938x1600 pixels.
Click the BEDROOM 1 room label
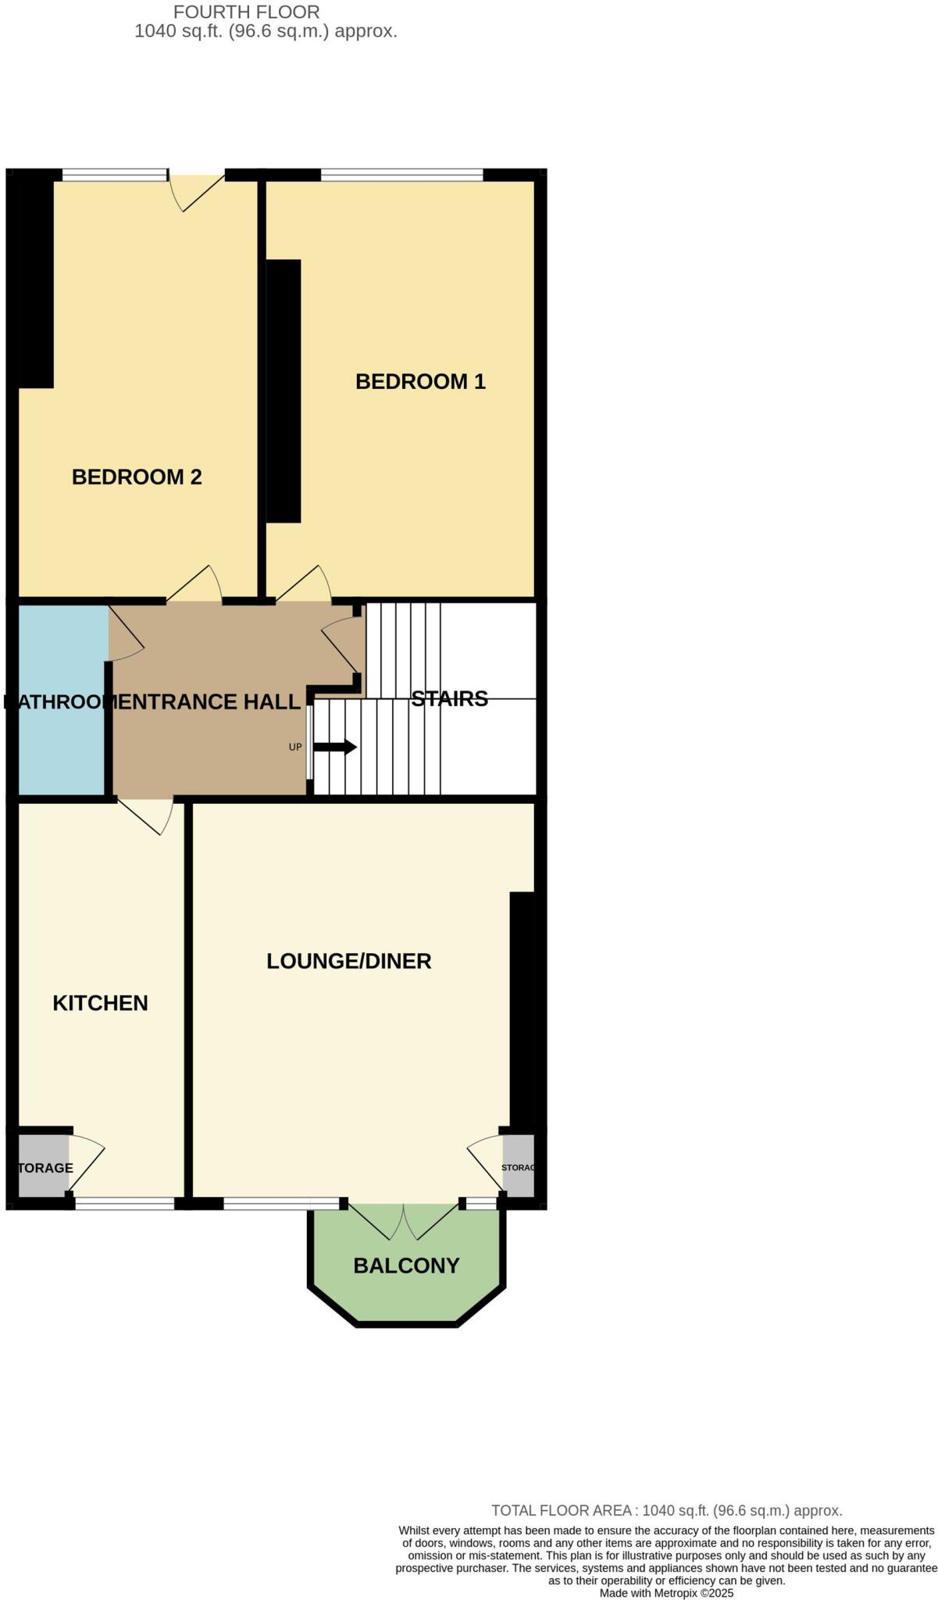point(420,381)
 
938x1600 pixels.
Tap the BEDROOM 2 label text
point(137,477)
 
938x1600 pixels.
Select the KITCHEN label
point(100,1003)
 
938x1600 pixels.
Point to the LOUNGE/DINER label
point(348,961)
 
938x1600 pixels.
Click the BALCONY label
point(406,1266)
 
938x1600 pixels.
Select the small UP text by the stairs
point(295,748)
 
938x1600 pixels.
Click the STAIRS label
point(449,698)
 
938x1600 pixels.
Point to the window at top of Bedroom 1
point(401,176)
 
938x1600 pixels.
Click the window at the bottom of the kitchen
point(124,1204)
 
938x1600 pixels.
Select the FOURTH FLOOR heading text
point(246,12)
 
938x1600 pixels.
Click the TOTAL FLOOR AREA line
point(666,1511)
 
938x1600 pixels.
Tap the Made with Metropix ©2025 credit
point(666,1593)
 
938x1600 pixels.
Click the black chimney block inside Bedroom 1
point(284,391)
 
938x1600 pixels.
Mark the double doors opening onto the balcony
point(403,1220)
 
